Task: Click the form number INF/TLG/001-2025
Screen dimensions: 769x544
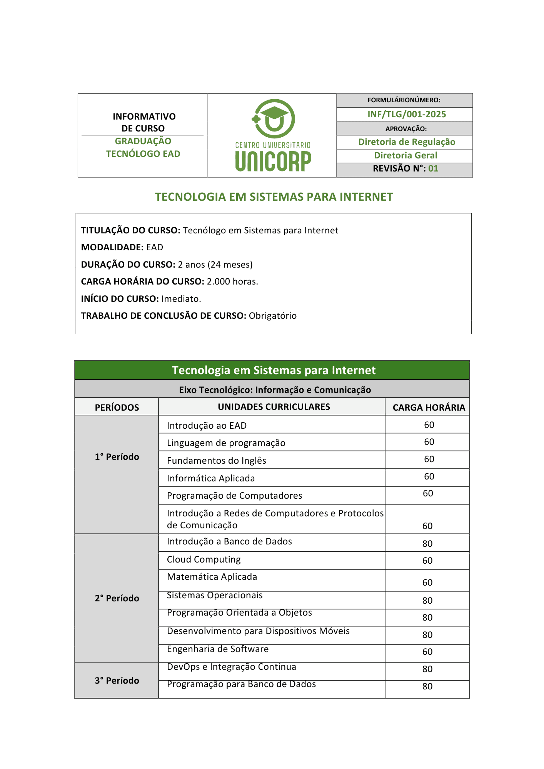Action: click(x=406, y=114)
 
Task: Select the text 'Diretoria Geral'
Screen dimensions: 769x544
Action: click(x=405, y=155)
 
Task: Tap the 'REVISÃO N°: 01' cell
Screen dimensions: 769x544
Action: click(x=405, y=168)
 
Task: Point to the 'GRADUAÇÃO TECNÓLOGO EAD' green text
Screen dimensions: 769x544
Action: click(x=143, y=147)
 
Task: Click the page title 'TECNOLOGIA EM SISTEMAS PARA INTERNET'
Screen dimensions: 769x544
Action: click(x=274, y=197)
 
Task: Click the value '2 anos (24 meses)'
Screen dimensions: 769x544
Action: click(x=215, y=265)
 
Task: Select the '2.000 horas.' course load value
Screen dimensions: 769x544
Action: click(x=232, y=281)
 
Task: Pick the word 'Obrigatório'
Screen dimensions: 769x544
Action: click(x=273, y=316)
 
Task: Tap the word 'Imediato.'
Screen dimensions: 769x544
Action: click(x=181, y=299)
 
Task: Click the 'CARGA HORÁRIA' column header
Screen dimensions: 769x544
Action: click(x=429, y=408)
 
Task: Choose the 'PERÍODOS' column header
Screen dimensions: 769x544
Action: click(x=117, y=408)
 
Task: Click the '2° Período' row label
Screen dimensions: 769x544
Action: click(x=117, y=598)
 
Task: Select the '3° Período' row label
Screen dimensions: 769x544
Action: click(x=117, y=681)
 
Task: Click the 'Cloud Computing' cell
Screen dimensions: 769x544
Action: click(x=204, y=559)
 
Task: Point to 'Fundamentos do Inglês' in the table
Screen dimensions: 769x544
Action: click(x=217, y=461)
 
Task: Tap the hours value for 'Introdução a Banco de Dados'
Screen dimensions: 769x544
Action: click(x=427, y=544)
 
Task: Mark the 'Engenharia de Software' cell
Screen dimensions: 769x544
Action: click(x=218, y=649)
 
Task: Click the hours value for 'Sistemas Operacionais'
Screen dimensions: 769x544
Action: click(x=427, y=601)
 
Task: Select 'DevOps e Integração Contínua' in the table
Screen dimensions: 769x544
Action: click(x=232, y=667)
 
